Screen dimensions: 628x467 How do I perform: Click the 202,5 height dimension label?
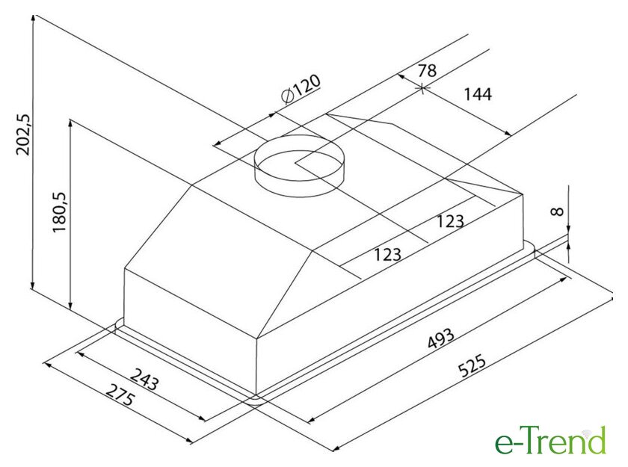(x=23, y=134)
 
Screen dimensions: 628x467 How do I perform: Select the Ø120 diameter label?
(x=301, y=89)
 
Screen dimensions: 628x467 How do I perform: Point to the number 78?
(x=427, y=71)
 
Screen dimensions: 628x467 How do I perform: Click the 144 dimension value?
(x=478, y=94)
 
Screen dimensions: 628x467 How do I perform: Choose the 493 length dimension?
(x=441, y=338)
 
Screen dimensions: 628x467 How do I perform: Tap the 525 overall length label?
(x=472, y=365)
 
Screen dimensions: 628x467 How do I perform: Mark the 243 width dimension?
(x=145, y=380)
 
